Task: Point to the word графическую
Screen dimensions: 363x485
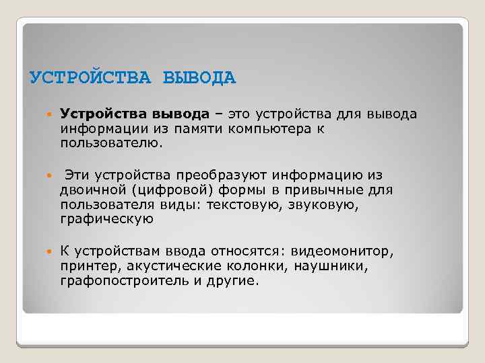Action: (x=106, y=219)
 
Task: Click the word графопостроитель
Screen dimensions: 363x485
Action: (x=125, y=280)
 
